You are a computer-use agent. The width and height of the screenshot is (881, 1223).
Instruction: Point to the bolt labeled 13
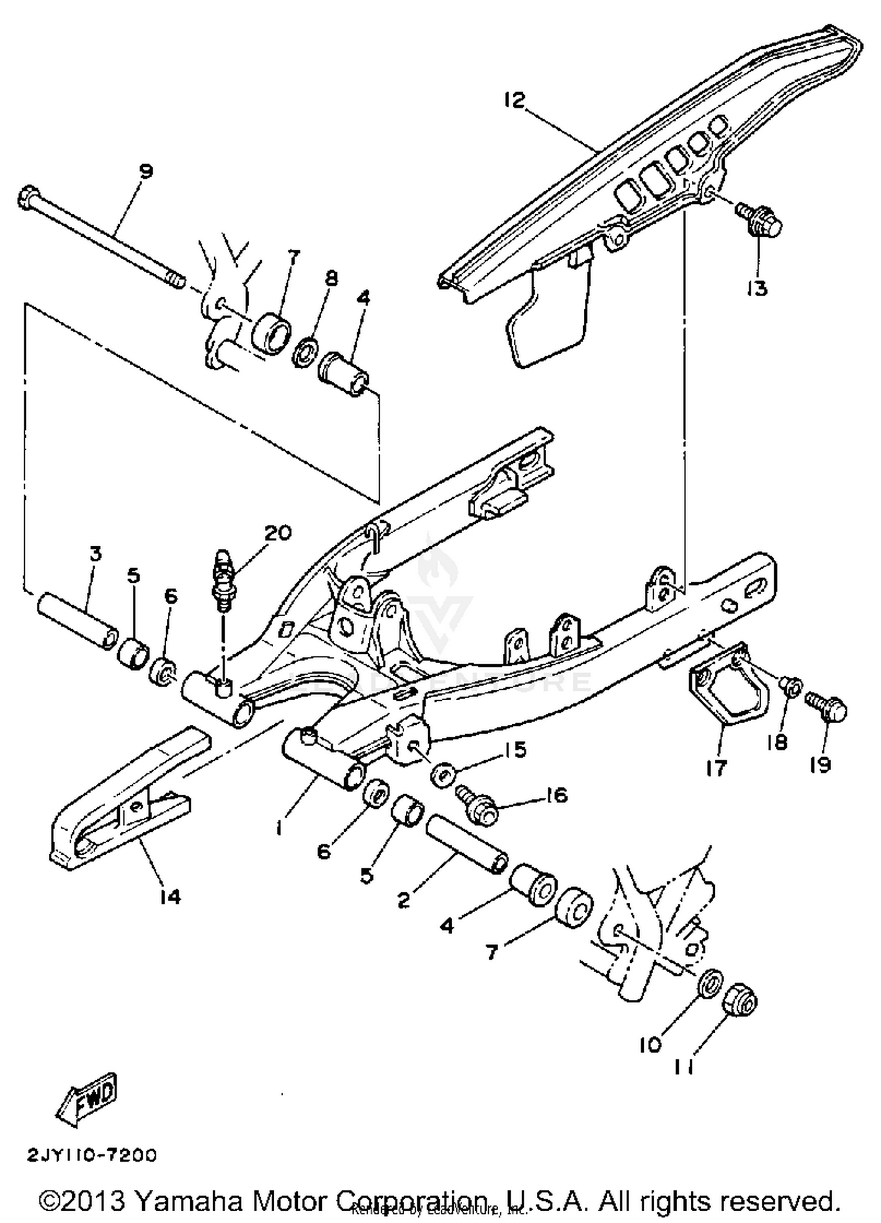coord(760,218)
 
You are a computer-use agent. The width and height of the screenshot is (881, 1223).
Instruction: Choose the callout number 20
coord(277,533)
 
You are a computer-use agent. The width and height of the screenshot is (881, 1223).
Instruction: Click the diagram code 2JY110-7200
coord(92,1155)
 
